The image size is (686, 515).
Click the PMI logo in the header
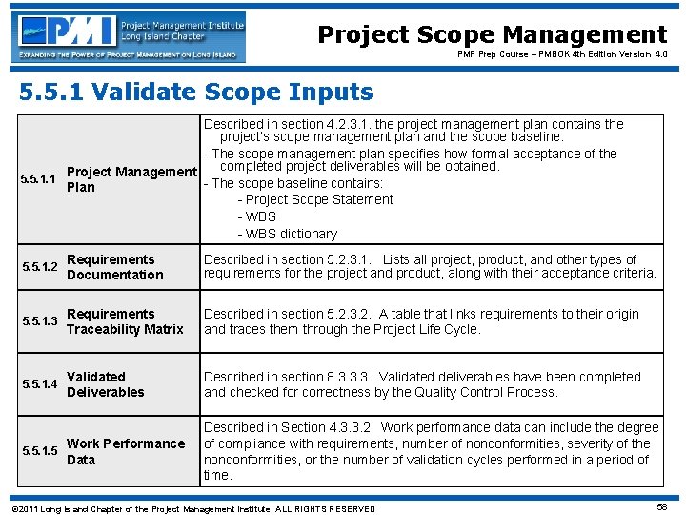pos(130,36)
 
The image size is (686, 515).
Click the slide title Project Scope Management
pos(492,35)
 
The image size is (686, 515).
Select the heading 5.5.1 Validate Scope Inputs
pos(195,93)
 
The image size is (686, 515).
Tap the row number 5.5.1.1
pos(39,179)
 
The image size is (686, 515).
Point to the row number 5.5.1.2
pos(39,267)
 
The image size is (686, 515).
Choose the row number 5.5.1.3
pos(39,321)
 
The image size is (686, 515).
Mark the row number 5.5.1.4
pos(39,384)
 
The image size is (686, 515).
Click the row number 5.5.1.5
pos(39,451)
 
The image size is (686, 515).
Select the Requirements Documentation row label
pos(114,267)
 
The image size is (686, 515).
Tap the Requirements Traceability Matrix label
pos(124,321)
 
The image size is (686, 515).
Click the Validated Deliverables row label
pos(105,384)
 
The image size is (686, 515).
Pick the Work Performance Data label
pos(125,451)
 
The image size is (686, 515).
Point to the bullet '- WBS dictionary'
pos(287,234)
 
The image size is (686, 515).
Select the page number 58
pos(661,507)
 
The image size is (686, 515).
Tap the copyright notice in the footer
pos(191,508)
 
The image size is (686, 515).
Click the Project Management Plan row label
pos(131,179)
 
